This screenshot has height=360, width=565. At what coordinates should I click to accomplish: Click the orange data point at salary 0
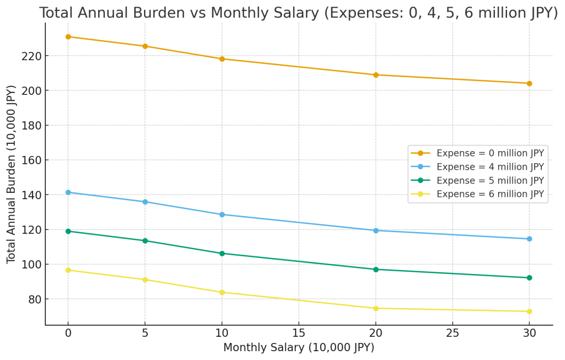(x=68, y=37)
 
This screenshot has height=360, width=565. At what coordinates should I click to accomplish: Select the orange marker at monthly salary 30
(x=529, y=83)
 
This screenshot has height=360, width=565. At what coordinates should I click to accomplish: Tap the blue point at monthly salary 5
(x=145, y=202)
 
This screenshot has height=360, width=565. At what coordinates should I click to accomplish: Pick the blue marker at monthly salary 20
(x=376, y=230)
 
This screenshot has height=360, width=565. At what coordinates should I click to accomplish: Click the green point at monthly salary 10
(x=222, y=254)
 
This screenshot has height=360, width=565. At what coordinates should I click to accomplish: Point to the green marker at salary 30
(x=529, y=278)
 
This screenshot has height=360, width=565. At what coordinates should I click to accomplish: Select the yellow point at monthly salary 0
(x=68, y=270)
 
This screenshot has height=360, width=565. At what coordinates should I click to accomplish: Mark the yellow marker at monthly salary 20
(x=376, y=308)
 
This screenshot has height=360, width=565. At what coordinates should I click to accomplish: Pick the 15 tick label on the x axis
(x=299, y=334)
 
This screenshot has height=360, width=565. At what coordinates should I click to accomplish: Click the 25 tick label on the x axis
(x=452, y=334)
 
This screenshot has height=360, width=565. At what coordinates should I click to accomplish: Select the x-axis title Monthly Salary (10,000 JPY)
(x=299, y=348)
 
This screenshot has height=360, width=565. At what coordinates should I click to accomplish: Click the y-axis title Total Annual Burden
(x=12, y=174)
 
